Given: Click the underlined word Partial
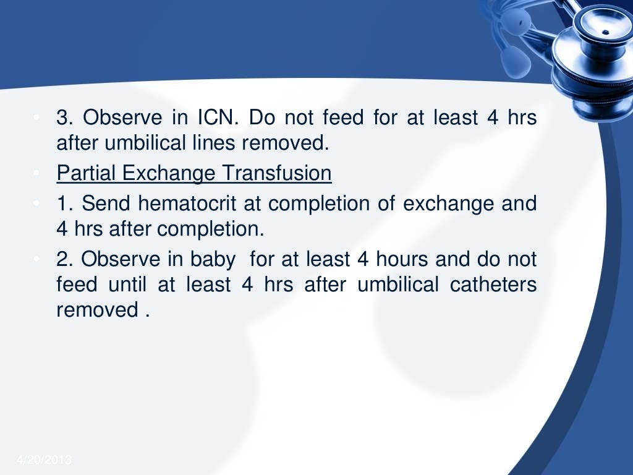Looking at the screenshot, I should tap(87, 174).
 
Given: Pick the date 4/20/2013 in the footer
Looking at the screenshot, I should tap(45, 460).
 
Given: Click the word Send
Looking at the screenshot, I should tap(106, 203).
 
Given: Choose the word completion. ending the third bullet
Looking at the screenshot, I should tap(210, 229).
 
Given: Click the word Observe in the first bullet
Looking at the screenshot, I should tap(122, 118).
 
